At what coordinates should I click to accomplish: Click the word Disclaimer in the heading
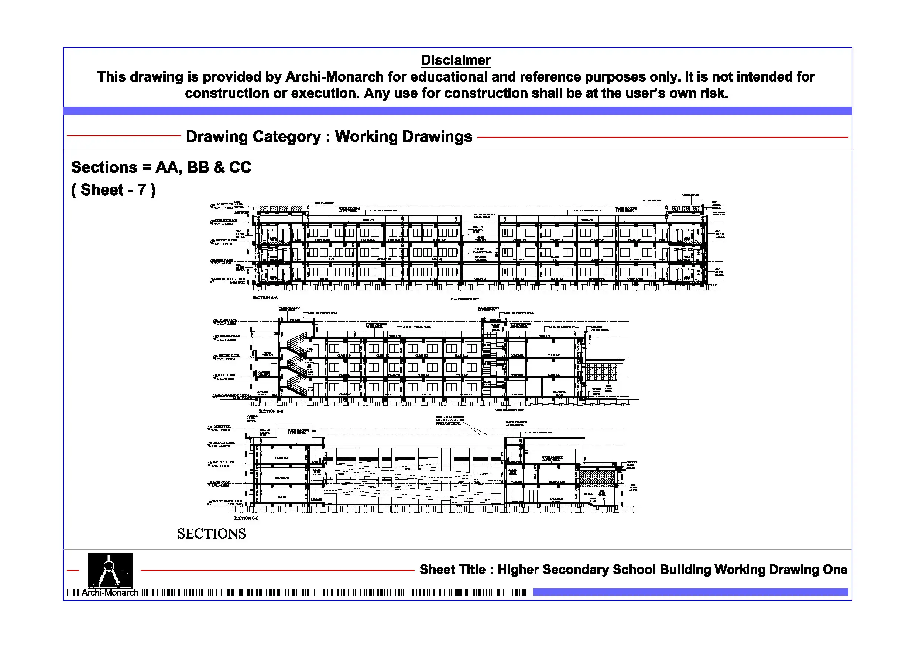pyautogui.click(x=455, y=60)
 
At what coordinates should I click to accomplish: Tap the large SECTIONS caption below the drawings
pyautogui.click(x=212, y=534)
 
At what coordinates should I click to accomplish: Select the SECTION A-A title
pyautogui.click(x=265, y=297)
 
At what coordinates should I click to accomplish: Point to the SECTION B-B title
pyautogui.click(x=271, y=411)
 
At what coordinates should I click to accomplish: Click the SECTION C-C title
pyautogui.click(x=246, y=518)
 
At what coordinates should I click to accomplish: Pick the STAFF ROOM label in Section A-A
pyautogui.click(x=322, y=240)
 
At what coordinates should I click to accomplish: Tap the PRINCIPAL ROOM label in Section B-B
pyautogui.click(x=559, y=394)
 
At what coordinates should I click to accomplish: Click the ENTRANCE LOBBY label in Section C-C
pyautogui.click(x=556, y=500)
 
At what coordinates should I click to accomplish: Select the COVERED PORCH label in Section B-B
pyautogui.click(x=262, y=393)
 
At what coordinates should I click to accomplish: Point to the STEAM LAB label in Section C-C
pyautogui.click(x=282, y=478)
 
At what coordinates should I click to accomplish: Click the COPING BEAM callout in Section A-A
pyautogui.click(x=690, y=195)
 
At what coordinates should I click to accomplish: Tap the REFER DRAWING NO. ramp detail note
pyautogui.click(x=450, y=420)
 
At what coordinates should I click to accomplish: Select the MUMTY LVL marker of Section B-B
pyautogui.click(x=227, y=321)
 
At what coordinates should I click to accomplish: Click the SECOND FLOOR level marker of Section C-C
pyautogui.click(x=223, y=464)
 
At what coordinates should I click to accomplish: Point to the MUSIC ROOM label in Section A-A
pyautogui.click(x=635, y=280)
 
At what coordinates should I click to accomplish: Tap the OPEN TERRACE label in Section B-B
pyautogui.click(x=268, y=354)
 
